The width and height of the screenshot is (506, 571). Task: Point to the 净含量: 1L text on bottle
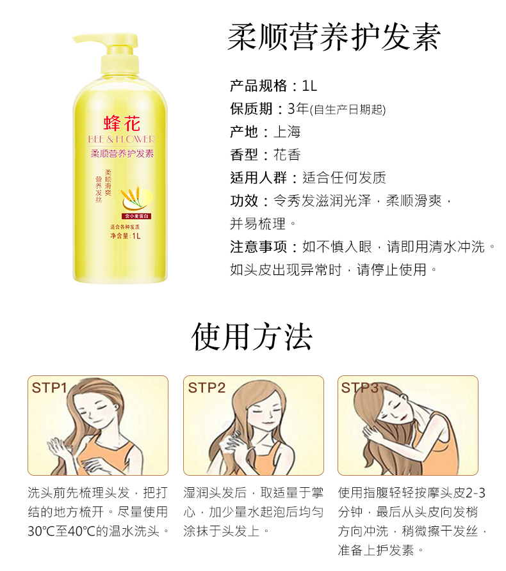(125, 236)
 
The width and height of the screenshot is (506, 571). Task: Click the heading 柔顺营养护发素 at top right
(334, 36)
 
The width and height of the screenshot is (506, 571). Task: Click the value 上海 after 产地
(287, 132)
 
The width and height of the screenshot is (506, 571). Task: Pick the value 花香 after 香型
(287, 155)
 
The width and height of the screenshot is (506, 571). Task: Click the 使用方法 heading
(252, 337)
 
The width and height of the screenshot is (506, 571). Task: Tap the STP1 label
(49, 387)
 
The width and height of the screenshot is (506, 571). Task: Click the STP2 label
(206, 387)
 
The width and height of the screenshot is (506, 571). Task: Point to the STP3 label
(360, 387)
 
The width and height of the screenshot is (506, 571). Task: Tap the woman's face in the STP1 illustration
(104, 414)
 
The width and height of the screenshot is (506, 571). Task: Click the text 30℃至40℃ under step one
(58, 531)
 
